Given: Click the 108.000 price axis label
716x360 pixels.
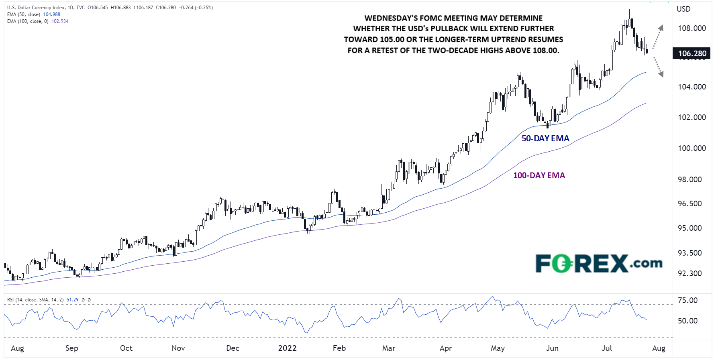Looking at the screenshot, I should pyautogui.click(x=692, y=28).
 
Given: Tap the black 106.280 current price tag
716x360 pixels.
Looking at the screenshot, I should pyautogui.click(x=692, y=53).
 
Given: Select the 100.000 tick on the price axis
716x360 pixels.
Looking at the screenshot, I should pyautogui.click(x=692, y=148).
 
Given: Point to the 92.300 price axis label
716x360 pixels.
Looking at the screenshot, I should pyautogui.click(x=689, y=273).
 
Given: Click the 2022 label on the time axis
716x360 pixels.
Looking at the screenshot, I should pyautogui.click(x=287, y=348).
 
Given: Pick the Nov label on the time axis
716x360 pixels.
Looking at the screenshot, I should pyautogui.click(x=178, y=348).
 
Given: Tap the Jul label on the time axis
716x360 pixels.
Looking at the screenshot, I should pyautogui.click(x=606, y=348).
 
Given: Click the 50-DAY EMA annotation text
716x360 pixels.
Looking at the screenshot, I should pyautogui.click(x=545, y=138).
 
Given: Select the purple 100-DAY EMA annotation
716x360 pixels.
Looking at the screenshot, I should pyautogui.click(x=539, y=175).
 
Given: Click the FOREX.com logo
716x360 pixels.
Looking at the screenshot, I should pyautogui.click(x=599, y=264).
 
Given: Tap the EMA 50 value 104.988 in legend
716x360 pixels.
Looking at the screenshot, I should pyautogui.click(x=52, y=14).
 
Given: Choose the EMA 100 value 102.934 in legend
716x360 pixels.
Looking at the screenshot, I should pyautogui.click(x=60, y=21).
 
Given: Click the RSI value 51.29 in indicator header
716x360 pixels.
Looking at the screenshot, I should pyautogui.click(x=72, y=300).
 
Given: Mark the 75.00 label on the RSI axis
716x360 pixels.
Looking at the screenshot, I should pyautogui.click(x=687, y=300).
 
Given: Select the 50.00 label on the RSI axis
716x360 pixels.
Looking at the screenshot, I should pyautogui.click(x=687, y=321).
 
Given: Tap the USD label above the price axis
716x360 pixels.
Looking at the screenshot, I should pyautogui.click(x=683, y=9).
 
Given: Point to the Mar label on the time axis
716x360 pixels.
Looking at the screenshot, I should pyautogui.click(x=388, y=348).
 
